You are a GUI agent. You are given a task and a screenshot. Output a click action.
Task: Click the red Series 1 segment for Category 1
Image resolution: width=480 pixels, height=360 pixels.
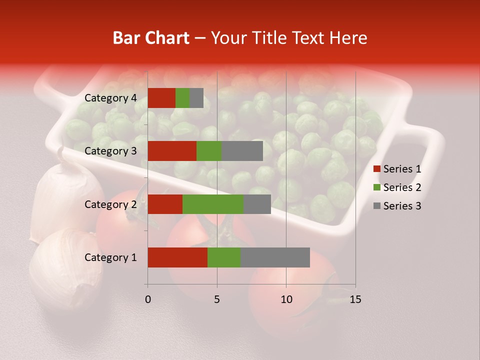pyautogui.click(x=177, y=257)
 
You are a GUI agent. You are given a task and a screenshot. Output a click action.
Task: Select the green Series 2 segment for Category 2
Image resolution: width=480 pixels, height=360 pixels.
pyautogui.click(x=213, y=204)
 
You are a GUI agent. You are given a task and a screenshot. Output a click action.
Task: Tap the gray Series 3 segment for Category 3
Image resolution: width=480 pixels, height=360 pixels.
pyautogui.click(x=242, y=151)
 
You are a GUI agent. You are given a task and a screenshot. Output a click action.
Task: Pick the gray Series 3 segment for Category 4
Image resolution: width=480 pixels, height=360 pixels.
pyautogui.click(x=196, y=98)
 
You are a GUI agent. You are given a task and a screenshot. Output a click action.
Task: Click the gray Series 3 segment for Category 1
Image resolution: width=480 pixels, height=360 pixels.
pyautogui.click(x=275, y=257)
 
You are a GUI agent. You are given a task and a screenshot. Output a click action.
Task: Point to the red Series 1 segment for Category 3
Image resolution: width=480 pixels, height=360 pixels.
pyautogui.click(x=172, y=151)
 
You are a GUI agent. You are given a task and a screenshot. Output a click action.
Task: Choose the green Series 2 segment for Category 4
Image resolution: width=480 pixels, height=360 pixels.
pyautogui.click(x=182, y=98)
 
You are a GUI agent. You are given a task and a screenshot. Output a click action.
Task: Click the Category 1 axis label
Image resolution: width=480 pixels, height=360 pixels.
pyautogui.click(x=110, y=257)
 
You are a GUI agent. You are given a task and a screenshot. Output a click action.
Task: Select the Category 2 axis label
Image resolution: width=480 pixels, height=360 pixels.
pyautogui.click(x=110, y=204)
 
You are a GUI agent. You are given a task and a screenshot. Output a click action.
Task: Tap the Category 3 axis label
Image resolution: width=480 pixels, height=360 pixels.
pyautogui.click(x=110, y=151)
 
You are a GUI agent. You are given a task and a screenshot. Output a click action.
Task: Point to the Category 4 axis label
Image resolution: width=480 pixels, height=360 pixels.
pyautogui.click(x=110, y=98)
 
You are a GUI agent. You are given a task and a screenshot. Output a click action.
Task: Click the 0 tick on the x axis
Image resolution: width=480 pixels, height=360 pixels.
pyautogui.click(x=148, y=299)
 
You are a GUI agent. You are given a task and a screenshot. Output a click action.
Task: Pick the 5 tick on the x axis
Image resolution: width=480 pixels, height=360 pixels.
pyautogui.click(x=217, y=299)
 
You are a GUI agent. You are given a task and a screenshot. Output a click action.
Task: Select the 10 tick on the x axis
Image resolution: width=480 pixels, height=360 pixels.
pyautogui.click(x=286, y=299)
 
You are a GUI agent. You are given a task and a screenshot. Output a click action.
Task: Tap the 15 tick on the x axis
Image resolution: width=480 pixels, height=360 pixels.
pyautogui.click(x=355, y=299)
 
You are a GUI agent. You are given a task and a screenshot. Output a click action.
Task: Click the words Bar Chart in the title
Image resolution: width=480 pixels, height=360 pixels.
pyautogui.click(x=151, y=38)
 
